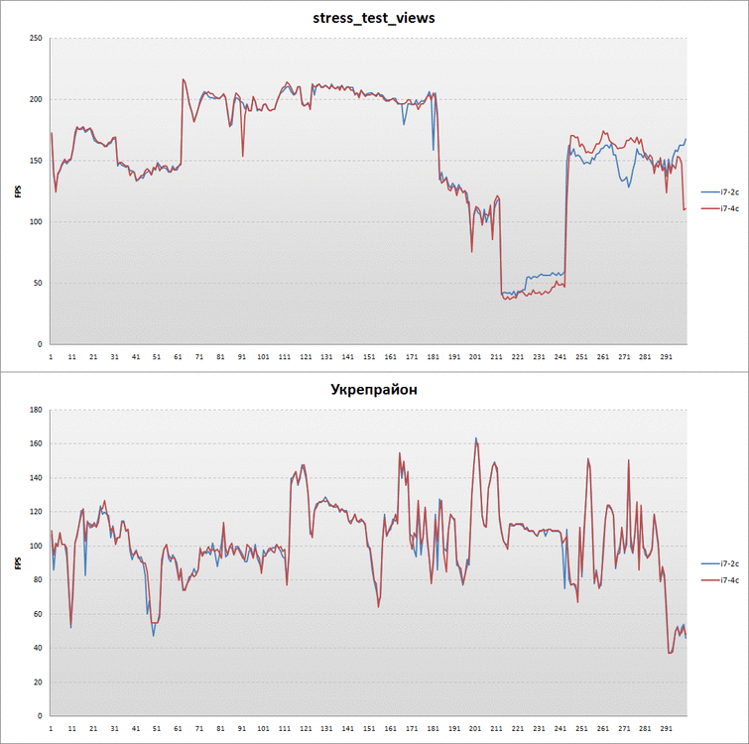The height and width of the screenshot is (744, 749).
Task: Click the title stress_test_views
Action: tap(374, 18)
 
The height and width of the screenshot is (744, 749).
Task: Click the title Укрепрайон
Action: tap(374, 390)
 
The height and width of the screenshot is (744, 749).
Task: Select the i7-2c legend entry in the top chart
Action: tap(722, 190)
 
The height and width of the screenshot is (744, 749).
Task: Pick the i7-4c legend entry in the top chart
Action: tap(722, 208)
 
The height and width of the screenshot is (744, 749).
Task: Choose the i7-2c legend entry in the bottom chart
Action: tap(722, 562)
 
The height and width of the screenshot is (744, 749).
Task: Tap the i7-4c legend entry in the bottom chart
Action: tap(722, 580)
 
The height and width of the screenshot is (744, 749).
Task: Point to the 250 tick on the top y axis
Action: tap(36, 39)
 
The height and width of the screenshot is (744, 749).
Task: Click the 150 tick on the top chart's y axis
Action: tap(36, 161)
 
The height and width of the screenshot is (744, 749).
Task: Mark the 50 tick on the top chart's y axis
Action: tap(38, 283)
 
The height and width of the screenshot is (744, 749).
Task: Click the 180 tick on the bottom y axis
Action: tap(36, 410)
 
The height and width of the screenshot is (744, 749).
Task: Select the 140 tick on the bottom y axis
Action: tap(36, 478)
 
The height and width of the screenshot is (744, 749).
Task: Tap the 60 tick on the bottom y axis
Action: tap(38, 614)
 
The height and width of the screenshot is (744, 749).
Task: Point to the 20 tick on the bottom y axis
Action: tap(38, 682)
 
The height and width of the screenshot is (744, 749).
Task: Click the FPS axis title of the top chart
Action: tap(17, 190)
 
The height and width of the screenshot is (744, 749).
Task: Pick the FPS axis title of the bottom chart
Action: tap(17, 562)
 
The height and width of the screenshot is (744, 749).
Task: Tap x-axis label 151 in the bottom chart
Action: tap(369, 728)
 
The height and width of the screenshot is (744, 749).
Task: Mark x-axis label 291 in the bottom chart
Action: tap(666, 728)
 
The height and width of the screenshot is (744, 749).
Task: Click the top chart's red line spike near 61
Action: tap(183, 79)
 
